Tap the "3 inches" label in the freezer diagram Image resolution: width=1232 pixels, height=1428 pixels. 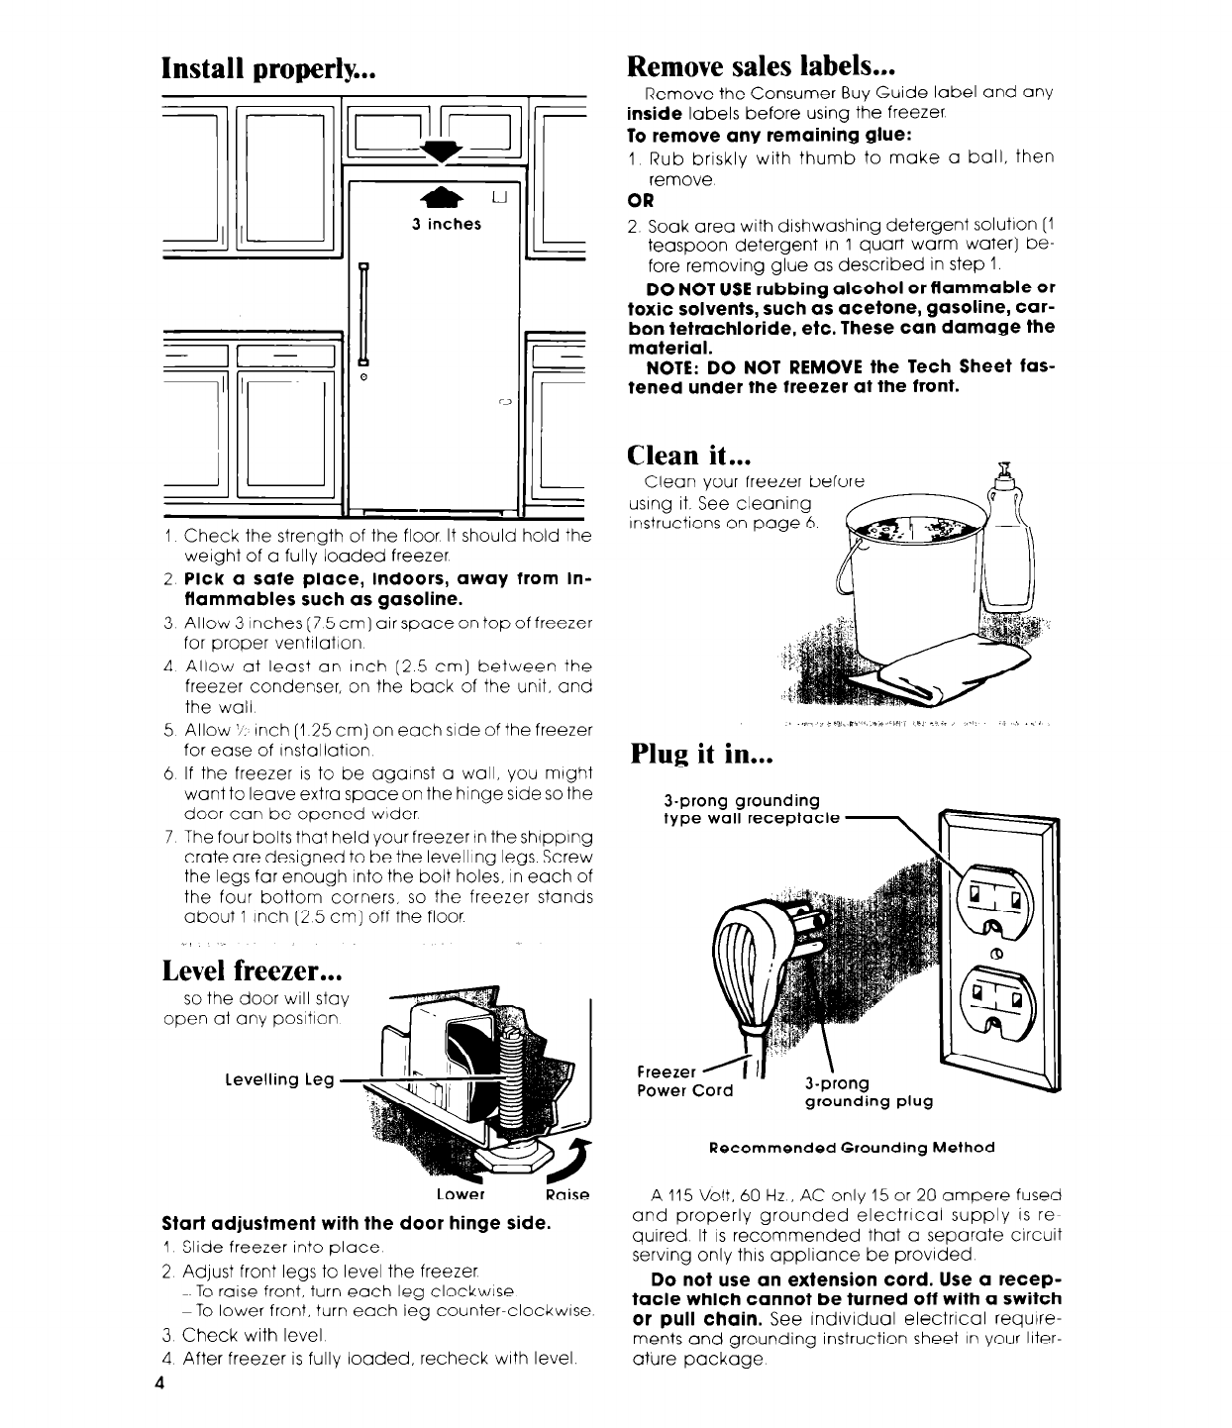tap(446, 224)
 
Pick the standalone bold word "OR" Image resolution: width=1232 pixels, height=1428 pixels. tap(643, 200)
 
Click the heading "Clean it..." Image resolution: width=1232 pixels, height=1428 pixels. tap(689, 455)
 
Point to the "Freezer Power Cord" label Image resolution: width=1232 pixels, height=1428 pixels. tap(683, 1081)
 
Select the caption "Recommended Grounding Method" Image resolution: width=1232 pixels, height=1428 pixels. tap(852, 1148)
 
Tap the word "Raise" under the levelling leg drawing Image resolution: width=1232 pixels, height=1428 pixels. tap(566, 1195)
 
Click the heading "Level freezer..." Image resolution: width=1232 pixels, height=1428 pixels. tap(260, 970)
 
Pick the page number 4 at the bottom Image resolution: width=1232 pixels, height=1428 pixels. tap(158, 1383)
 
